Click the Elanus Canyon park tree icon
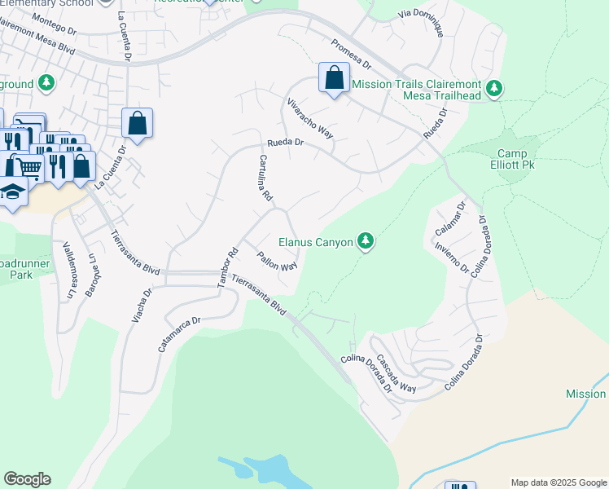[366, 241]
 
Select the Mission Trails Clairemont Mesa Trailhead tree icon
[493, 87]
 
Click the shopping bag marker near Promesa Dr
[334, 79]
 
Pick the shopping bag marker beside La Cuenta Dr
[138, 124]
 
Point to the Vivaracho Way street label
[310, 118]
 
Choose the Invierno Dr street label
[451, 257]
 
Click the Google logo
[27, 479]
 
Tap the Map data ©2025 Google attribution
[558, 482]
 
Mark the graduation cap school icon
[12, 193]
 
